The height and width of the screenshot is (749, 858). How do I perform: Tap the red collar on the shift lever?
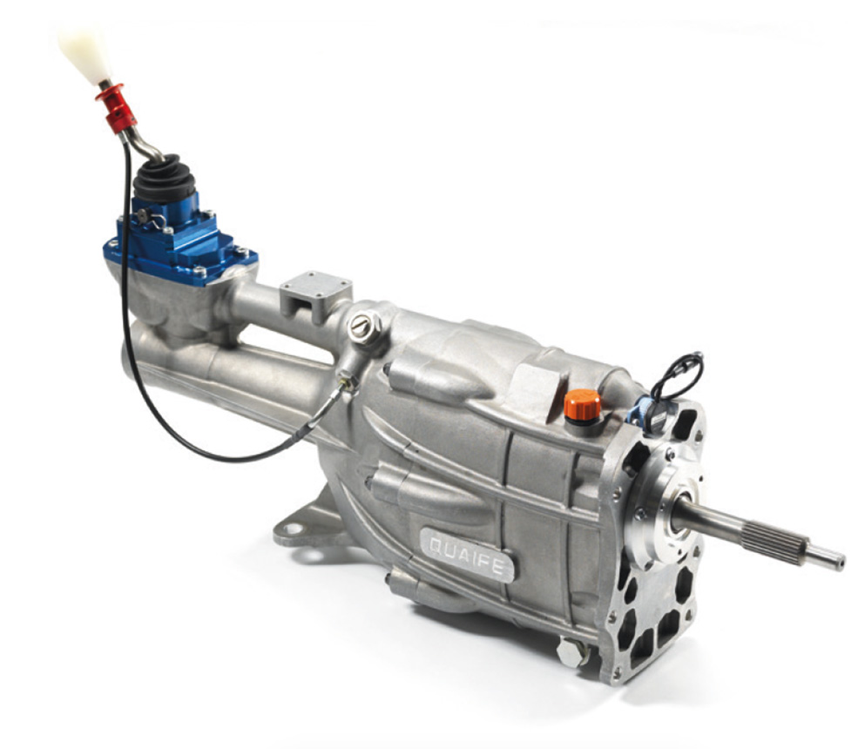(x=116, y=108)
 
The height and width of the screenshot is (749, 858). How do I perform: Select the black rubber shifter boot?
(x=164, y=179)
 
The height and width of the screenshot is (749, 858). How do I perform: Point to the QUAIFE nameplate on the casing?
(x=467, y=552)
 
